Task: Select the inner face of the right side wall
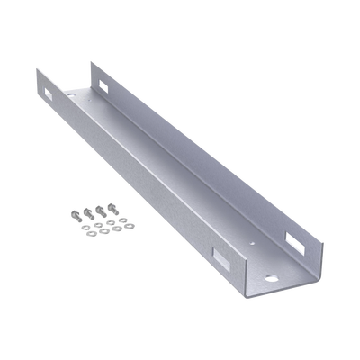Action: click(x=207, y=144)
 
